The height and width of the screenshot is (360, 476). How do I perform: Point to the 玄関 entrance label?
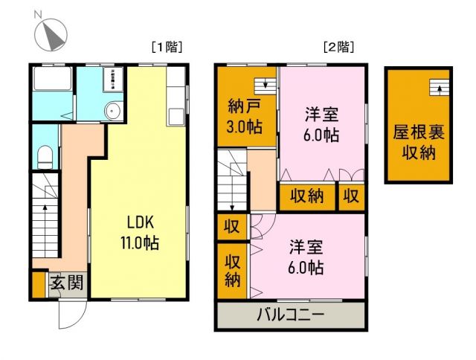[x=66, y=283]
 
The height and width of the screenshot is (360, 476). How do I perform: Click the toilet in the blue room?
[x=45, y=155]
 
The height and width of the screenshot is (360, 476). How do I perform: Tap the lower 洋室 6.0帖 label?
[x=306, y=256]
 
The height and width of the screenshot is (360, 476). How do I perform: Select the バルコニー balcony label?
[x=291, y=315]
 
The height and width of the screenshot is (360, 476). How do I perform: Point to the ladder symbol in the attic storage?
[x=440, y=88]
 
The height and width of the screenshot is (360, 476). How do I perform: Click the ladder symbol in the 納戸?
[x=263, y=84]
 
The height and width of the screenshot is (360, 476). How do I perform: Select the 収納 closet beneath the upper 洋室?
[x=306, y=197]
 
